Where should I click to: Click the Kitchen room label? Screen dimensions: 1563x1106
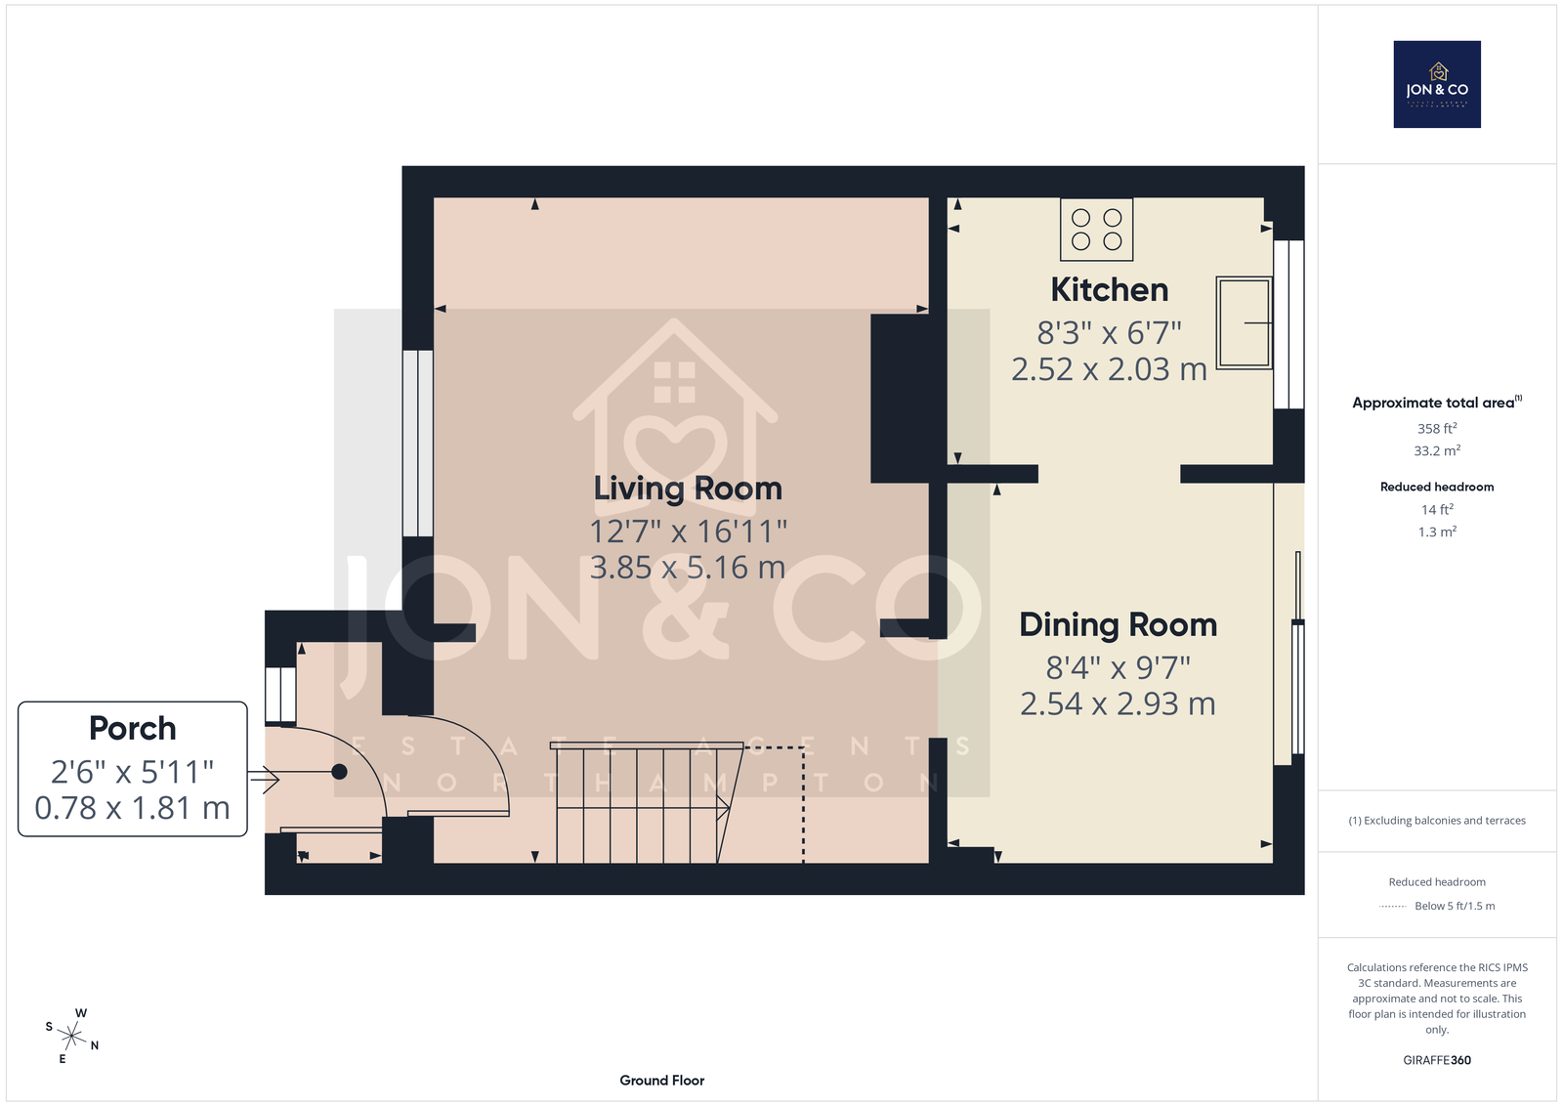point(1110,290)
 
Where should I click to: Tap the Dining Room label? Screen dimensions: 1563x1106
point(1118,625)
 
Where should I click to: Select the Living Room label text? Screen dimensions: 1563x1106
point(688,489)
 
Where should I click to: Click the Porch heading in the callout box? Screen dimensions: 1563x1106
point(133,729)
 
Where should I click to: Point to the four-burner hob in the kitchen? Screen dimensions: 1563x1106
point(1096,230)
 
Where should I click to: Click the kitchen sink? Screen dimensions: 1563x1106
point(1245,322)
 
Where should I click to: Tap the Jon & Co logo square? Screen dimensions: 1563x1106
point(1437,84)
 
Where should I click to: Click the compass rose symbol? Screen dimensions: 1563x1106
point(72,1036)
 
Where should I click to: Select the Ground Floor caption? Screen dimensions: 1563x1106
point(662,1081)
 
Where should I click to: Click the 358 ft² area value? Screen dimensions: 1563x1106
point(1437,429)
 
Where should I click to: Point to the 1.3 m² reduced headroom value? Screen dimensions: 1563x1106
point(1437,532)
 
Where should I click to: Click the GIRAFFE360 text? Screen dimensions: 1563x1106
point(1437,1060)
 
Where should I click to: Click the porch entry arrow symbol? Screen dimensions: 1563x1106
point(264,779)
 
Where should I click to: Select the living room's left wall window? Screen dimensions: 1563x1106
point(418,444)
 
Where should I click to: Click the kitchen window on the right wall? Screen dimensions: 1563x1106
point(1288,324)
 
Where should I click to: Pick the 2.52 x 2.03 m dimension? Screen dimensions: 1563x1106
point(1110,369)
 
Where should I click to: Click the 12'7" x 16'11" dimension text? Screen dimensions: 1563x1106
point(688,532)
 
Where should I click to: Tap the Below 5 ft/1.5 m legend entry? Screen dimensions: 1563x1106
point(1455,906)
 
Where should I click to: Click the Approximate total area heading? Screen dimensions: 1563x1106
point(1437,402)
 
